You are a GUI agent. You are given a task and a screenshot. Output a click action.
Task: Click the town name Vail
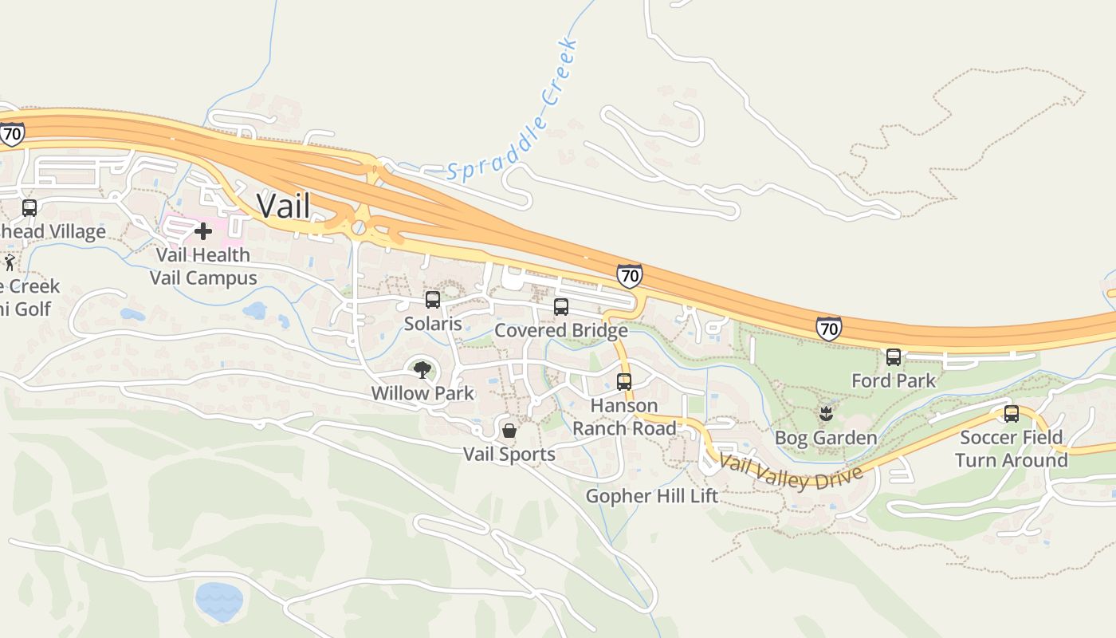pyautogui.click(x=283, y=206)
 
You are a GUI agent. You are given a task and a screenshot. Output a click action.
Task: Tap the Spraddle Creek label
pyautogui.click(x=513, y=111)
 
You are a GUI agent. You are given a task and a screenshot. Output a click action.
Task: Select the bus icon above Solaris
pyautogui.click(x=433, y=300)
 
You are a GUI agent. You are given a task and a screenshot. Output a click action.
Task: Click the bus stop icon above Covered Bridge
pyautogui.click(x=561, y=307)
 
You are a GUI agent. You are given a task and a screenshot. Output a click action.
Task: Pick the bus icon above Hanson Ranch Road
pyautogui.click(x=624, y=382)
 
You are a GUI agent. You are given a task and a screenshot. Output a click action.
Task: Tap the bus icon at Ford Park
pyautogui.click(x=894, y=357)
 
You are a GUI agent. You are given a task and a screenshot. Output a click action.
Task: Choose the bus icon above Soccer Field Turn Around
pyautogui.click(x=1012, y=414)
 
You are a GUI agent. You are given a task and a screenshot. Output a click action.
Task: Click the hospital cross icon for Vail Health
pyautogui.click(x=203, y=231)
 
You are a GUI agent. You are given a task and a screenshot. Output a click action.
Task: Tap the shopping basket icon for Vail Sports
pyautogui.click(x=509, y=431)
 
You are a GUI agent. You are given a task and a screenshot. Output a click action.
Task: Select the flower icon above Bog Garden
pyautogui.click(x=826, y=414)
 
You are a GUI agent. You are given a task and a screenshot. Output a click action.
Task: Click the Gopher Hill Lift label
pyautogui.click(x=651, y=496)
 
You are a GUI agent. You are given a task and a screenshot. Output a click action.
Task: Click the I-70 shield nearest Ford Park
pyautogui.click(x=829, y=328)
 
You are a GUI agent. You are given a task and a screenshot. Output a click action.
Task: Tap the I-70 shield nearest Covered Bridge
pyautogui.click(x=630, y=276)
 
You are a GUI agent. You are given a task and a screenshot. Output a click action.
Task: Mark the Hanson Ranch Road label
pyautogui.click(x=624, y=417)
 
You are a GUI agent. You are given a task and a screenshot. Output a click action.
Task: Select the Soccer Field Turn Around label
pyautogui.click(x=1011, y=449)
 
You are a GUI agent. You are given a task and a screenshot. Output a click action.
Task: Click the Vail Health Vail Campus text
pyautogui.click(x=203, y=266)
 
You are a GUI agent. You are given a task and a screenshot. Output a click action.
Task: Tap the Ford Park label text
pyautogui.click(x=894, y=381)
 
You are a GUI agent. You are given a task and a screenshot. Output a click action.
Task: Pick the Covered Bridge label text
pyautogui.click(x=561, y=331)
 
